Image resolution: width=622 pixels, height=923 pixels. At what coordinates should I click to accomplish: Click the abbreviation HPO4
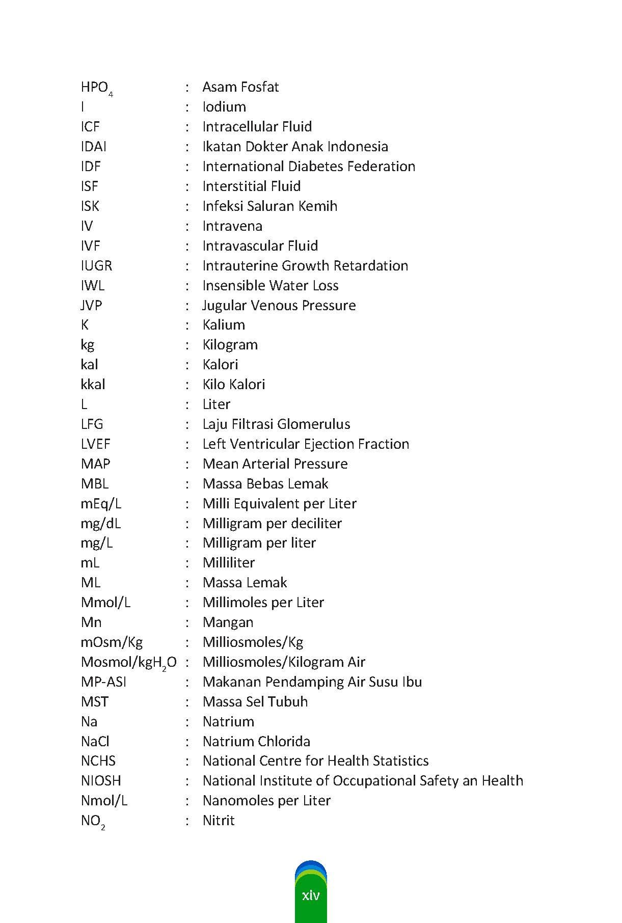point(96,88)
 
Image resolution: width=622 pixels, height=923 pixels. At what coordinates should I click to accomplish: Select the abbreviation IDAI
point(93,147)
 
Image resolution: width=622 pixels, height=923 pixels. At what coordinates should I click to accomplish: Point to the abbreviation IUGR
point(96,266)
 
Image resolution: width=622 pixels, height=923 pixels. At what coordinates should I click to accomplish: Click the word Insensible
point(235,286)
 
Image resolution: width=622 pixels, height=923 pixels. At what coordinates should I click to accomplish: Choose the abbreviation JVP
point(91,306)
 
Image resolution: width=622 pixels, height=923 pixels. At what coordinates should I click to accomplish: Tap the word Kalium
point(224,325)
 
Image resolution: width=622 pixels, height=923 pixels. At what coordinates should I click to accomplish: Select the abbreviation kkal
point(93,385)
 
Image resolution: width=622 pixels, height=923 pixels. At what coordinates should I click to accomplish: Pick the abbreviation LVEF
point(95,444)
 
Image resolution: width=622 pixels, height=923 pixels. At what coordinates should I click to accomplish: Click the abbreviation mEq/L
point(101,504)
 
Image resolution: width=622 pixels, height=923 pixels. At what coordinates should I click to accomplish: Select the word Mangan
point(228,622)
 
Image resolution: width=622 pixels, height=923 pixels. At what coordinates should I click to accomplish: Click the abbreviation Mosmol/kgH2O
point(128,662)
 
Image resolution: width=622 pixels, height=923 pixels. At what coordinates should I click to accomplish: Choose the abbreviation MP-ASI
point(103,682)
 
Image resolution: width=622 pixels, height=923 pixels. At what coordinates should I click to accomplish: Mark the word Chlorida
point(284,742)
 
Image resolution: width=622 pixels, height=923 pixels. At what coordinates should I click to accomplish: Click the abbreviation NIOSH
point(101,781)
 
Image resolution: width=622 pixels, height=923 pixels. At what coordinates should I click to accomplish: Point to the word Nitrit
point(219,821)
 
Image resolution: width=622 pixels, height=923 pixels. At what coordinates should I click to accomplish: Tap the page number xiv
point(311,895)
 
